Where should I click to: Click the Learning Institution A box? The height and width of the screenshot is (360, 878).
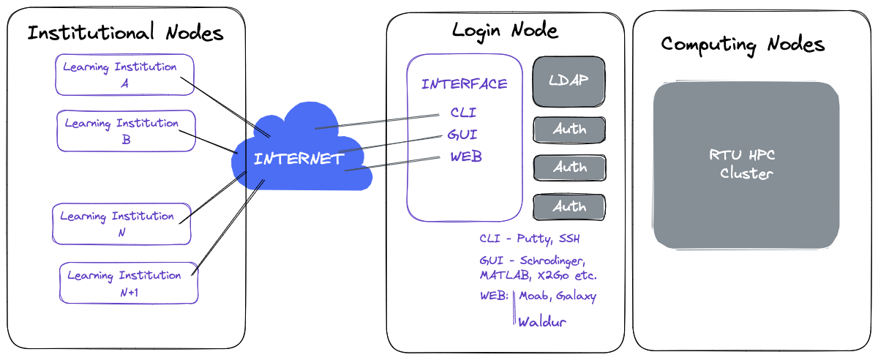coord(124,75)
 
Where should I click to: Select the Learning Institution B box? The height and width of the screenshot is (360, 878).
coord(126,130)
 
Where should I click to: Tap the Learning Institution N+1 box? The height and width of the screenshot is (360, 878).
coord(129,282)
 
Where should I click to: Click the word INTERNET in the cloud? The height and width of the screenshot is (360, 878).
coord(299,159)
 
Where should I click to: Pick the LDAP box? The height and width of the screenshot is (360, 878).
coord(569,81)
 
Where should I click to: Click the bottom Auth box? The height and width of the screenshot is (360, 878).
coord(569,206)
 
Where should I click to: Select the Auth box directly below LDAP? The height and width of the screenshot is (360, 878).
coord(569,130)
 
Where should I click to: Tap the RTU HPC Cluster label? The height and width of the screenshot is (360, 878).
coord(742,165)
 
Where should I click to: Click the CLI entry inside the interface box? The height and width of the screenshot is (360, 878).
coord(463,113)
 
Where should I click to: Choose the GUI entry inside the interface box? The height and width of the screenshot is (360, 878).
coord(462,135)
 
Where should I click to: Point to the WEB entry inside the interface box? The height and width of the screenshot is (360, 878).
coord(466,157)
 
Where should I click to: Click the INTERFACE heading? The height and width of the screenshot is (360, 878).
coord(465,84)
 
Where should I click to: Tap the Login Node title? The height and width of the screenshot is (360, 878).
coord(506,31)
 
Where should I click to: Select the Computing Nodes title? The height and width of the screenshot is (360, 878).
coord(743,45)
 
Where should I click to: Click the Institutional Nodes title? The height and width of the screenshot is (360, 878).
coord(125,32)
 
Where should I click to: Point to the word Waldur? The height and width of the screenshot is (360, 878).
coord(542,322)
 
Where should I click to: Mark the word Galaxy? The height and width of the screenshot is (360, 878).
coord(577,296)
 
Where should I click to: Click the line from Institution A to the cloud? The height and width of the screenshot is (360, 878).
coord(225,107)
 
